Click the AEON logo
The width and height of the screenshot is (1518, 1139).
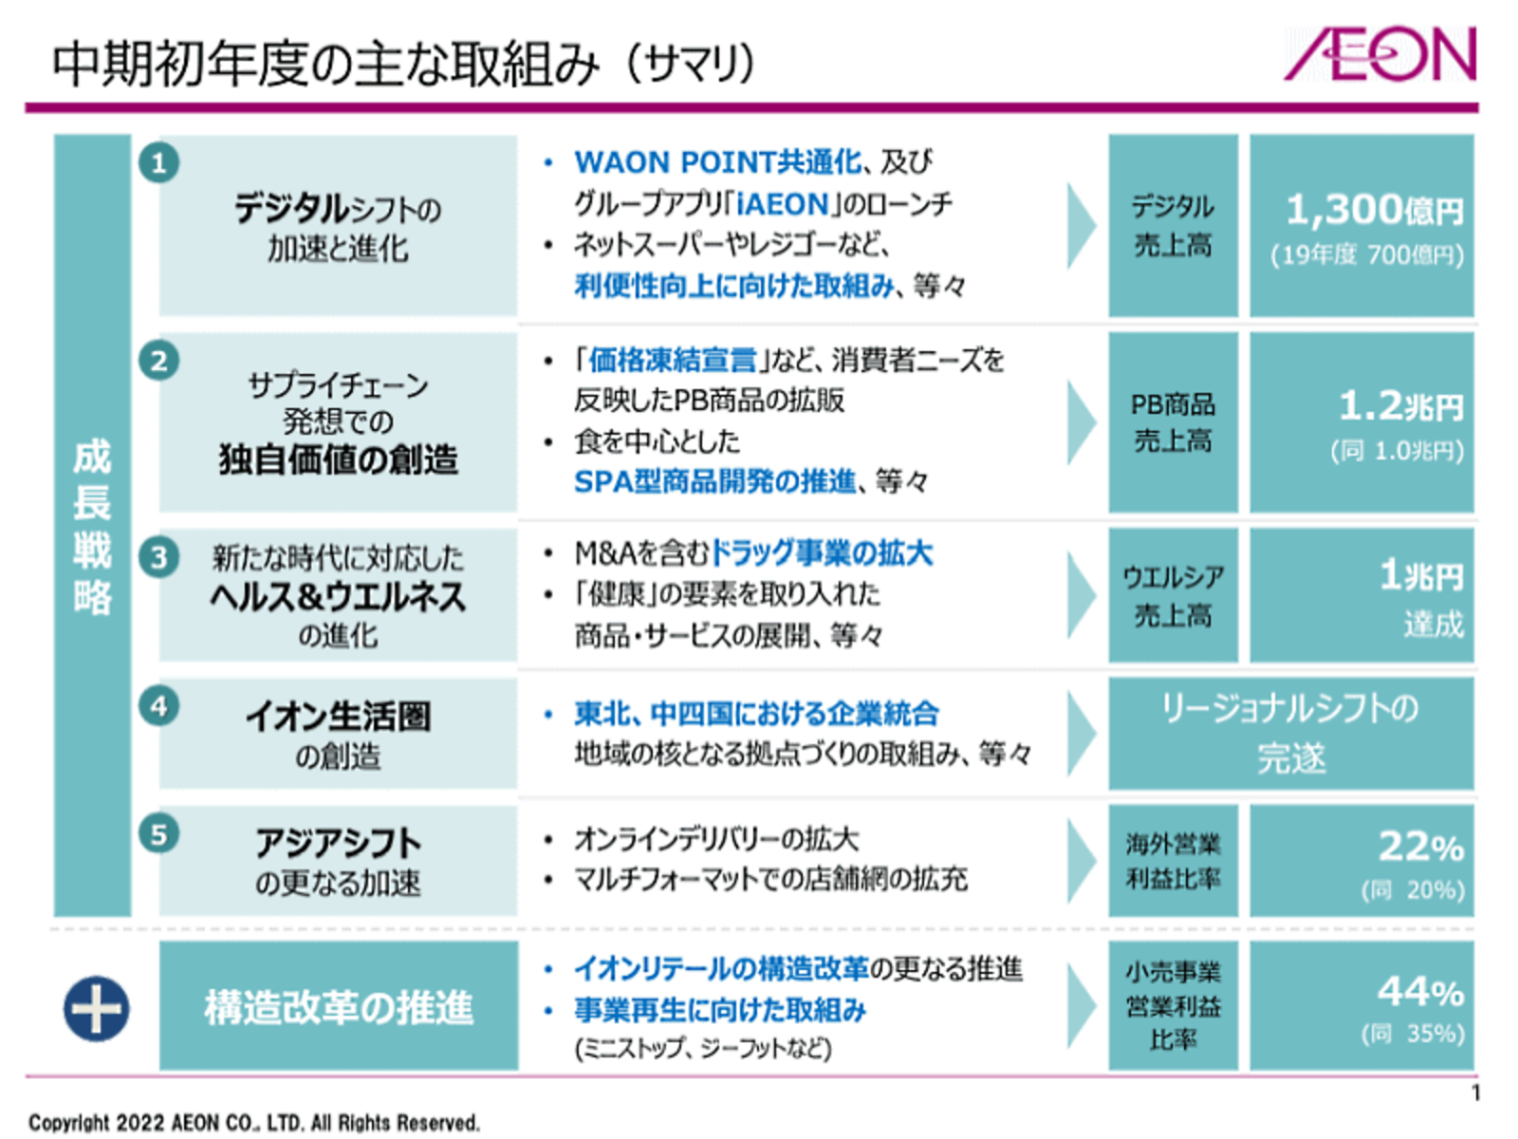pyautogui.click(x=1379, y=54)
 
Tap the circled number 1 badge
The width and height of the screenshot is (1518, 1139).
pyautogui.click(x=159, y=163)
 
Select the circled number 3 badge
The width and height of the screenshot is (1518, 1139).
pyautogui.click(x=159, y=557)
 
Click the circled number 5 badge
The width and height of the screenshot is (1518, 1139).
pyautogui.click(x=159, y=834)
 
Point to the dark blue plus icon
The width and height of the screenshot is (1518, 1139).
pyautogui.click(x=96, y=1008)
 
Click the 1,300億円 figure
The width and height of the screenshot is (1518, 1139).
pyautogui.click(x=1374, y=210)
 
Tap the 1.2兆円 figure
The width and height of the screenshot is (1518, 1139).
pyautogui.click(x=1401, y=405)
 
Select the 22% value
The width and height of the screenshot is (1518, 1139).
pyautogui.click(x=1420, y=847)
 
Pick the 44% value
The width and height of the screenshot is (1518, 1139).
pyautogui.click(x=1420, y=992)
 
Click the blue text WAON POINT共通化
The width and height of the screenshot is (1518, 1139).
pyautogui.click(x=718, y=162)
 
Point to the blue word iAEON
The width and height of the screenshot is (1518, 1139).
pyautogui.click(x=783, y=204)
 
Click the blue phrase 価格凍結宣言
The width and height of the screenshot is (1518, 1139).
pyautogui.click(x=673, y=361)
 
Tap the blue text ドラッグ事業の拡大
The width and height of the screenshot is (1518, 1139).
pyautogui.click(x=822, y=553)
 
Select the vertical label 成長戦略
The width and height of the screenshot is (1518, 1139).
pyautogui.click(x=93, y=526)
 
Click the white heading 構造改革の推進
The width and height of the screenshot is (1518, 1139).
pyautogui.click(x=338, y=1007)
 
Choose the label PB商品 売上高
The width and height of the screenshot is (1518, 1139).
pyautogui.click(x=1173, y=422)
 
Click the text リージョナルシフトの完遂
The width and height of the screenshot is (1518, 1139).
pyautogui.click(x=1290, y=733)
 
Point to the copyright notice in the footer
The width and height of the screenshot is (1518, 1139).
pyautogui.click(x=254, y=1123)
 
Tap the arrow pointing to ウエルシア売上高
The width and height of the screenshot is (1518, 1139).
pyautogui.click(x=1082, y=595)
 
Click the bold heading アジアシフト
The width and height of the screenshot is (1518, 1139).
pyautogui.click(x=338, y=843)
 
